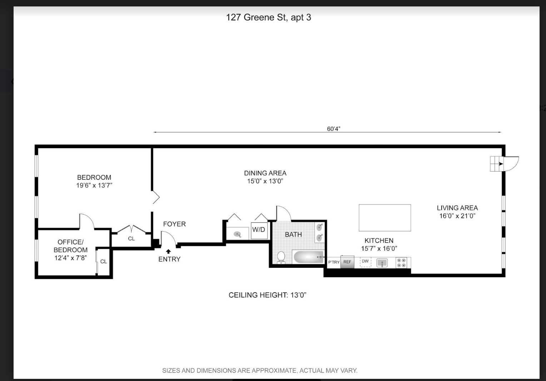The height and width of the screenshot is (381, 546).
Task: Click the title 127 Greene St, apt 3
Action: pyautogui.click(x=268, y=17)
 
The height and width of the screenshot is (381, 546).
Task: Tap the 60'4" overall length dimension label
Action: pyautogui.click(x=333, y=129)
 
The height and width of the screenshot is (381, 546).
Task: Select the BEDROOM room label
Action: pyautogui.click(x=94, y=177)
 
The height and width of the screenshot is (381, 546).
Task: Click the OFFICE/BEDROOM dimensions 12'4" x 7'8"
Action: pyautogui.click(x=70, y=258)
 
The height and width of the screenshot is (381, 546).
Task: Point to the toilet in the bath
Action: pyautogui.click(x=281, y=257)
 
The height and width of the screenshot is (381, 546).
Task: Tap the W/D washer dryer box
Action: pyautogui.click(x=259, y=230)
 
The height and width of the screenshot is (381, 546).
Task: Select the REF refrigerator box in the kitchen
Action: pyautogui.click(x=347, y=262)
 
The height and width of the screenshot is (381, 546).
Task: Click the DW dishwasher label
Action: pyautogui.click(x=365, y=261)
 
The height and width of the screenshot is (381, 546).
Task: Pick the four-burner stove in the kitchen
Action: pyautogui.click(x=401, y=262)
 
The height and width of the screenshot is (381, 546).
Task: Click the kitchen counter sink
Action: pyautogui.click(x=382, y=263)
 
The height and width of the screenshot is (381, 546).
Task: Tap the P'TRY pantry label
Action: pyautogui.click(x=334, y=262)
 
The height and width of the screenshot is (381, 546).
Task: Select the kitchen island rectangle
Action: pyautogui.click(x=384, y=218)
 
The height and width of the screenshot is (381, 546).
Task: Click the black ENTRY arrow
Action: pyautogui.click(x=168, y=251)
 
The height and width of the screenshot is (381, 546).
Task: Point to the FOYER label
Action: pyautogui.click(x=174, y=224)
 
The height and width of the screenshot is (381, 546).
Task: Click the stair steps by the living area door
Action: pyautogui.click(x=496, y=164)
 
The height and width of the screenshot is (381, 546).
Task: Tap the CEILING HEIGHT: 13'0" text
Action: pyautogui.click(x=267, y=295)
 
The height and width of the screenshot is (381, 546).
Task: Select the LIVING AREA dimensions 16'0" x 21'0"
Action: pyautogui.click(x=457, y=216)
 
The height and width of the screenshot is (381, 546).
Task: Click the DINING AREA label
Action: pyautogui.click(x=265, y=173)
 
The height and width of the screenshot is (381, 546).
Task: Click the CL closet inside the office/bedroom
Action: pyautogui.click(x=104, y=262)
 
